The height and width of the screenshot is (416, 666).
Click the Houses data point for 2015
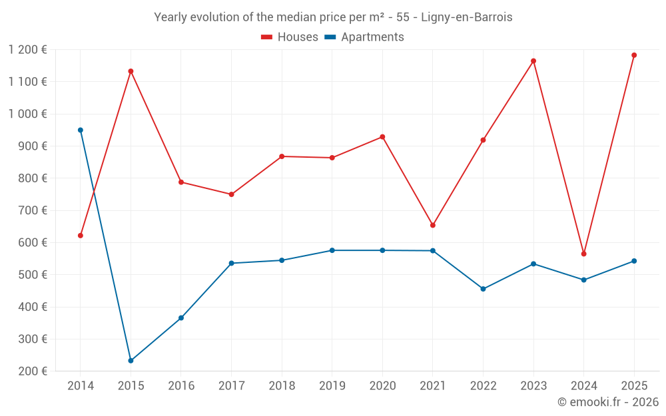click(131, 71)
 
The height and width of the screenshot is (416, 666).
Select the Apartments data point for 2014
click(81, 130)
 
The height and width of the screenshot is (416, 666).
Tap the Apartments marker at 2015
click(131, 361)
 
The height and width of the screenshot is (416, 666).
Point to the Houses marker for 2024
click(583, 254)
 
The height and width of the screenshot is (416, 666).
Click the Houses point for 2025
click(634, 55)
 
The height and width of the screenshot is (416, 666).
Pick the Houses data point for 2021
click(433, 225)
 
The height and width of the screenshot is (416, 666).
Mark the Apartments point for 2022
click(483, 289)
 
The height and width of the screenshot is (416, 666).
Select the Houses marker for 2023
click(533, 61)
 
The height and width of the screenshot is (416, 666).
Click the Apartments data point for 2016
click(181, 318)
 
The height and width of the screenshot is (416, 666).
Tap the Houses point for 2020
click(382, 137)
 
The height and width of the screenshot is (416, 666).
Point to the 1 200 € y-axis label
click(28, 49)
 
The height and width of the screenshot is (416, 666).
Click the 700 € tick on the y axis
click(33, 210)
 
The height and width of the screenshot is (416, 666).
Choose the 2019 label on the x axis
click(332, 386)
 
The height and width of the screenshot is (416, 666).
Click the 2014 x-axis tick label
click(81, 386)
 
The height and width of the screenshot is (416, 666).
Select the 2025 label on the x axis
click(634, 386)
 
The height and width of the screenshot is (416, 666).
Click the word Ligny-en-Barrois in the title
click(466, 17)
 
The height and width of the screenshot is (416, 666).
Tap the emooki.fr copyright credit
click(608, 402)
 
